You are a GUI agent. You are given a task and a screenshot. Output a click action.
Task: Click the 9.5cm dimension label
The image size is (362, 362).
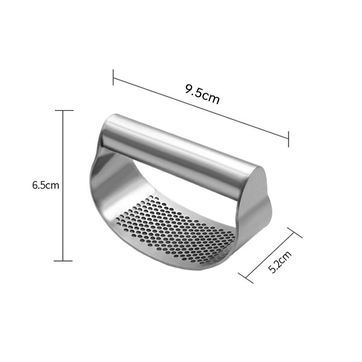pyautogui.click(x=202, y=94)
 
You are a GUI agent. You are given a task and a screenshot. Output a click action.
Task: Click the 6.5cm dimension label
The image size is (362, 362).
pyautogui.click(x=46, y=185)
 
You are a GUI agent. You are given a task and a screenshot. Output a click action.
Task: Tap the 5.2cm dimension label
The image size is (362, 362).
pyautogui.click(x=280, y=262)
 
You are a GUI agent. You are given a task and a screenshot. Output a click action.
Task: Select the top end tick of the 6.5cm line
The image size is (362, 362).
pyautogui.click(x=64, y=110)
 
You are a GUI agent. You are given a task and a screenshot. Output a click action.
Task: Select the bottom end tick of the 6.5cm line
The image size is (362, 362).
pyautogui.click(x=63, y=261)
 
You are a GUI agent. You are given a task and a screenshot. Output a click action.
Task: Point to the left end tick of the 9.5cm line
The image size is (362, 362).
pyautogui.click(x=113, y=77)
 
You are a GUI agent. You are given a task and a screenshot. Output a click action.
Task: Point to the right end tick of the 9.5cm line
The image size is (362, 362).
pyautogui.click(x=288, y=139)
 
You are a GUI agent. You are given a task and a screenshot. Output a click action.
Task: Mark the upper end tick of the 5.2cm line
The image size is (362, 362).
pyautogui.click(x=295, y=233)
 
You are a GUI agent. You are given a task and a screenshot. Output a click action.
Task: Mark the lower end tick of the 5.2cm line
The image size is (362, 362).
pyautogui.click(x=246, y=278)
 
